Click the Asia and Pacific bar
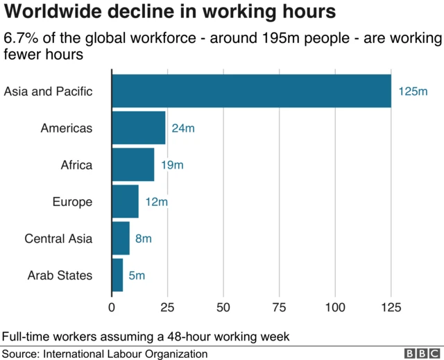coord(251,91)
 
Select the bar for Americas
coord(139,128)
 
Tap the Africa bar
coord(133,164)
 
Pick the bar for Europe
coord(125,202)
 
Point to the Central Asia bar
coord(121,239)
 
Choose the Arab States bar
coord(117,275)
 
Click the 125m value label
coord(413,92)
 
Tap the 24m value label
coord(183,128)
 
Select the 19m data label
coord(172,165)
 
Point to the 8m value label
coord(143,239)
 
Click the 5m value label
coord(137,275)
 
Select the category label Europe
coord(72,202)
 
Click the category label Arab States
coord(60,275)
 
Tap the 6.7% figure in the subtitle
coord(22,38)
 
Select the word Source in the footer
coord(20,354)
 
